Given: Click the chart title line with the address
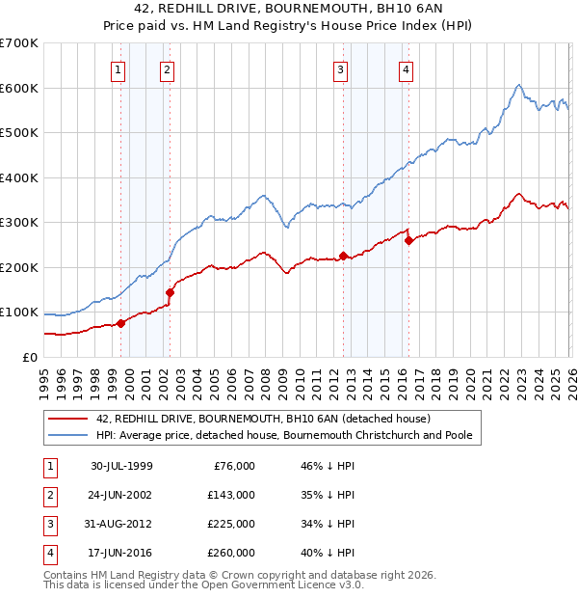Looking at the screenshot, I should [x=289, y=9].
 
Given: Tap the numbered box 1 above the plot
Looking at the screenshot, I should [x=117, y=69].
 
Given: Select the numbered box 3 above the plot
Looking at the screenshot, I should [x=340, y=69].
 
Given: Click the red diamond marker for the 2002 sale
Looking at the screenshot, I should [x=170, y=292].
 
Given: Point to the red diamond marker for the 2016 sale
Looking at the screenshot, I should [x=408, y=240].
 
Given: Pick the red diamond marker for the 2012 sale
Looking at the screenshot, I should [x=343, y=256].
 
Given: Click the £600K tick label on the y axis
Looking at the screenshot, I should [x=19, y=88].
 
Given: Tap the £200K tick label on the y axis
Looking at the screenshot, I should [x=19, y=267].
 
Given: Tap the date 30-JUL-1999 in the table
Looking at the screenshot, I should [x=121, y=466].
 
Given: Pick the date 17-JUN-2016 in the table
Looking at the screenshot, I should [x=121, y=553].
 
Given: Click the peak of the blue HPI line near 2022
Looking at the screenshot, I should [x=518, y=85].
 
